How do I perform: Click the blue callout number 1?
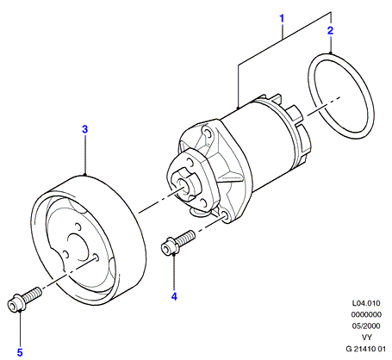point(282,19)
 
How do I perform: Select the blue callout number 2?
point(331,30)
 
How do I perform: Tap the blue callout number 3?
point(84,129)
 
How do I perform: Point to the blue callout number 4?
point(174,296)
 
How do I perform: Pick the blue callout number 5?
point(20,352)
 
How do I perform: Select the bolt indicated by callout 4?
point(178,242)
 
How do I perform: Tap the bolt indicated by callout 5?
point(24,299)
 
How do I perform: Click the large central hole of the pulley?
point(78,247)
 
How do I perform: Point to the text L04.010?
point(366,303)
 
